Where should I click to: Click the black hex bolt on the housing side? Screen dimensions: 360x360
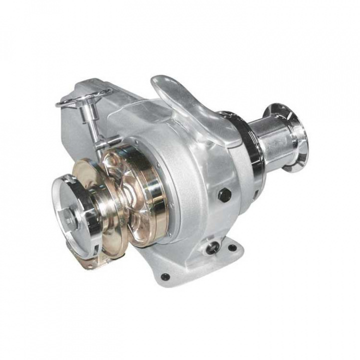[x=224, y=194]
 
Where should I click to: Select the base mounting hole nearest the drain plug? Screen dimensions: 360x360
[x=232, y=248]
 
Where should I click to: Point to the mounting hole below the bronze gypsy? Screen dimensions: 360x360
[x=165, y=276]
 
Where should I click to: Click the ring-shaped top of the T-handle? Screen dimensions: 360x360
[x=83, y=97]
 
